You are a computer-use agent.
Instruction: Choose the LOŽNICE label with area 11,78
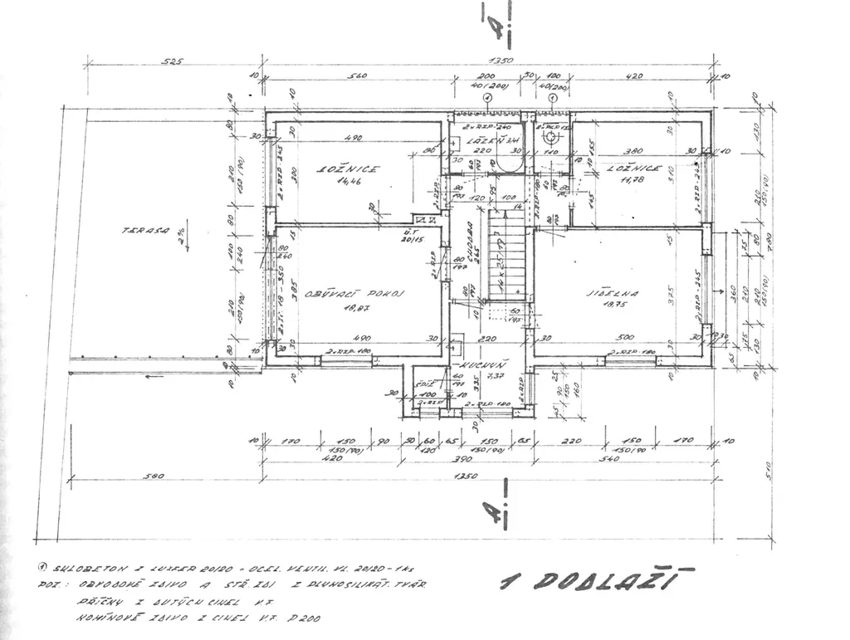click(x=634, y=168)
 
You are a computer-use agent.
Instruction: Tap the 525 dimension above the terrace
click(x=172, y=61)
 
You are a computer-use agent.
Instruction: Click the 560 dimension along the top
click(x=357, y=76)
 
